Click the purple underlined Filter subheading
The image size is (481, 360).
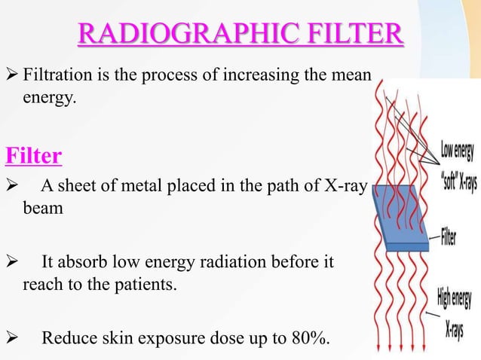pos(33,157)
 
